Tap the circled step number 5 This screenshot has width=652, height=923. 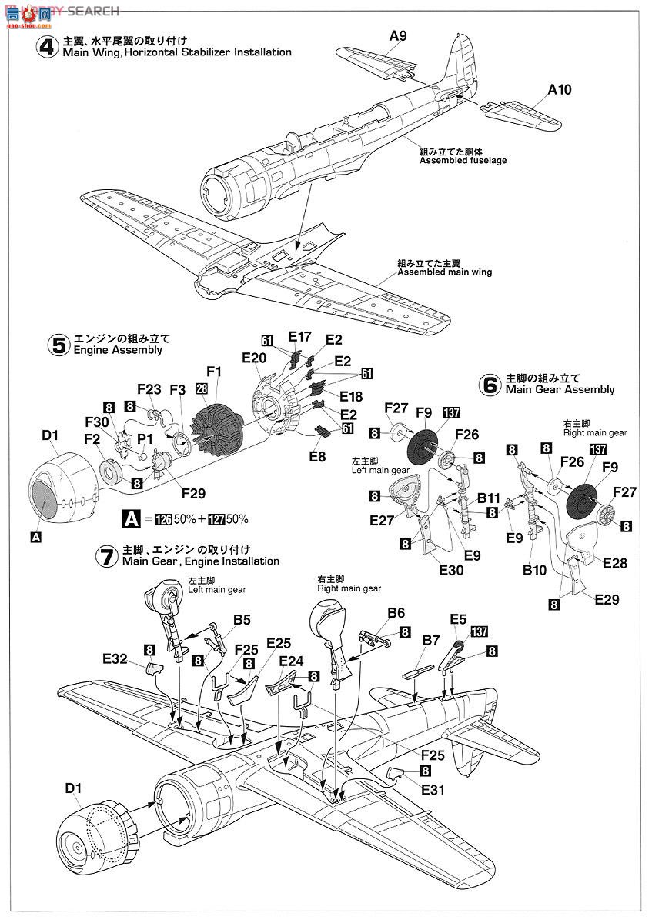click(59, 344)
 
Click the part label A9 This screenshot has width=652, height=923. click(397, 35)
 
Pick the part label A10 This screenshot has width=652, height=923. click(560, 90)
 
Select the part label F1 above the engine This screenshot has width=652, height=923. click(213, 371)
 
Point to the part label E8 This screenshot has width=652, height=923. click(316, 456)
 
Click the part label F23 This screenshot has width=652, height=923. click(149, 388)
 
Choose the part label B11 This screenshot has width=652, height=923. click(489, 498)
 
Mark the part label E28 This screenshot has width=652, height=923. click(614, 563)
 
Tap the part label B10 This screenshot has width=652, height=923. click(533, 570)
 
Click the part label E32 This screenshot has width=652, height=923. click(115, 658)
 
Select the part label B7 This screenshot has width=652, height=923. click(430, 640)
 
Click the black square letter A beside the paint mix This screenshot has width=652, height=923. click(132, 519)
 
